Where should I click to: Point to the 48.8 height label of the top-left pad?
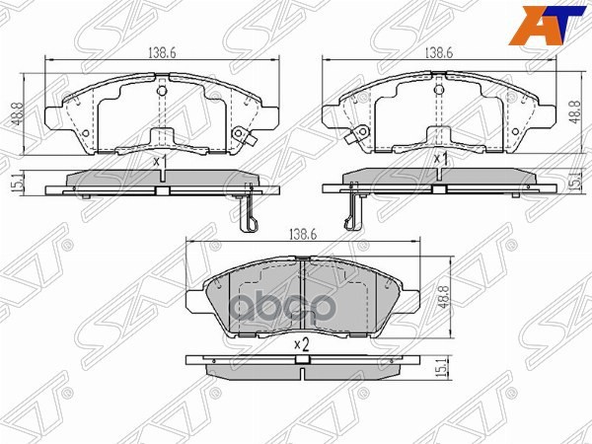(x=16, y=111)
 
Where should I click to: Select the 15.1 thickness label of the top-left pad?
(x=16, y=183)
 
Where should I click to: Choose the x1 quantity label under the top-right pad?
(x=442, y=158)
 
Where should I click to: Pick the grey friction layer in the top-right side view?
(x=434, y=178)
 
